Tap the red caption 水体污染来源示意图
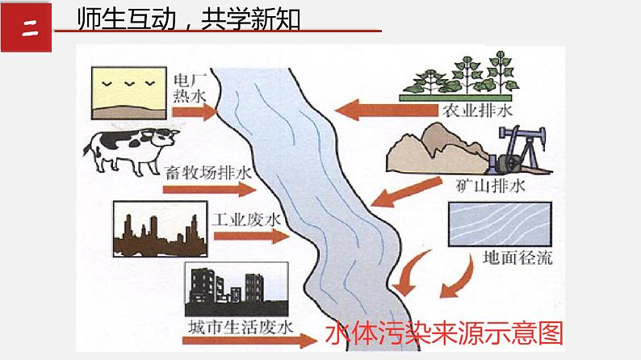[x=444, y=333]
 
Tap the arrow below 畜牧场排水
[x=208, y=190]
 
